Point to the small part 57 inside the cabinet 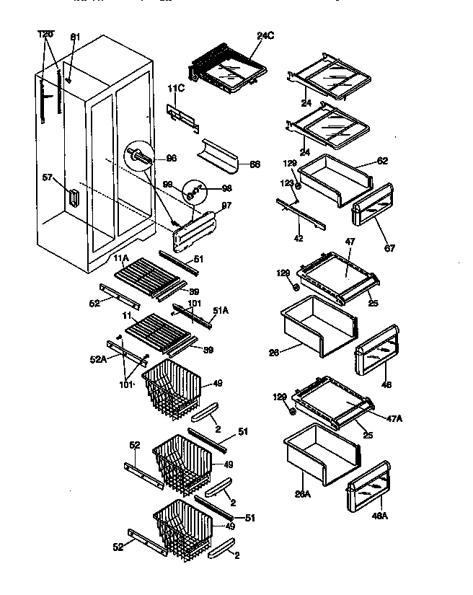pos(72,197)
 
